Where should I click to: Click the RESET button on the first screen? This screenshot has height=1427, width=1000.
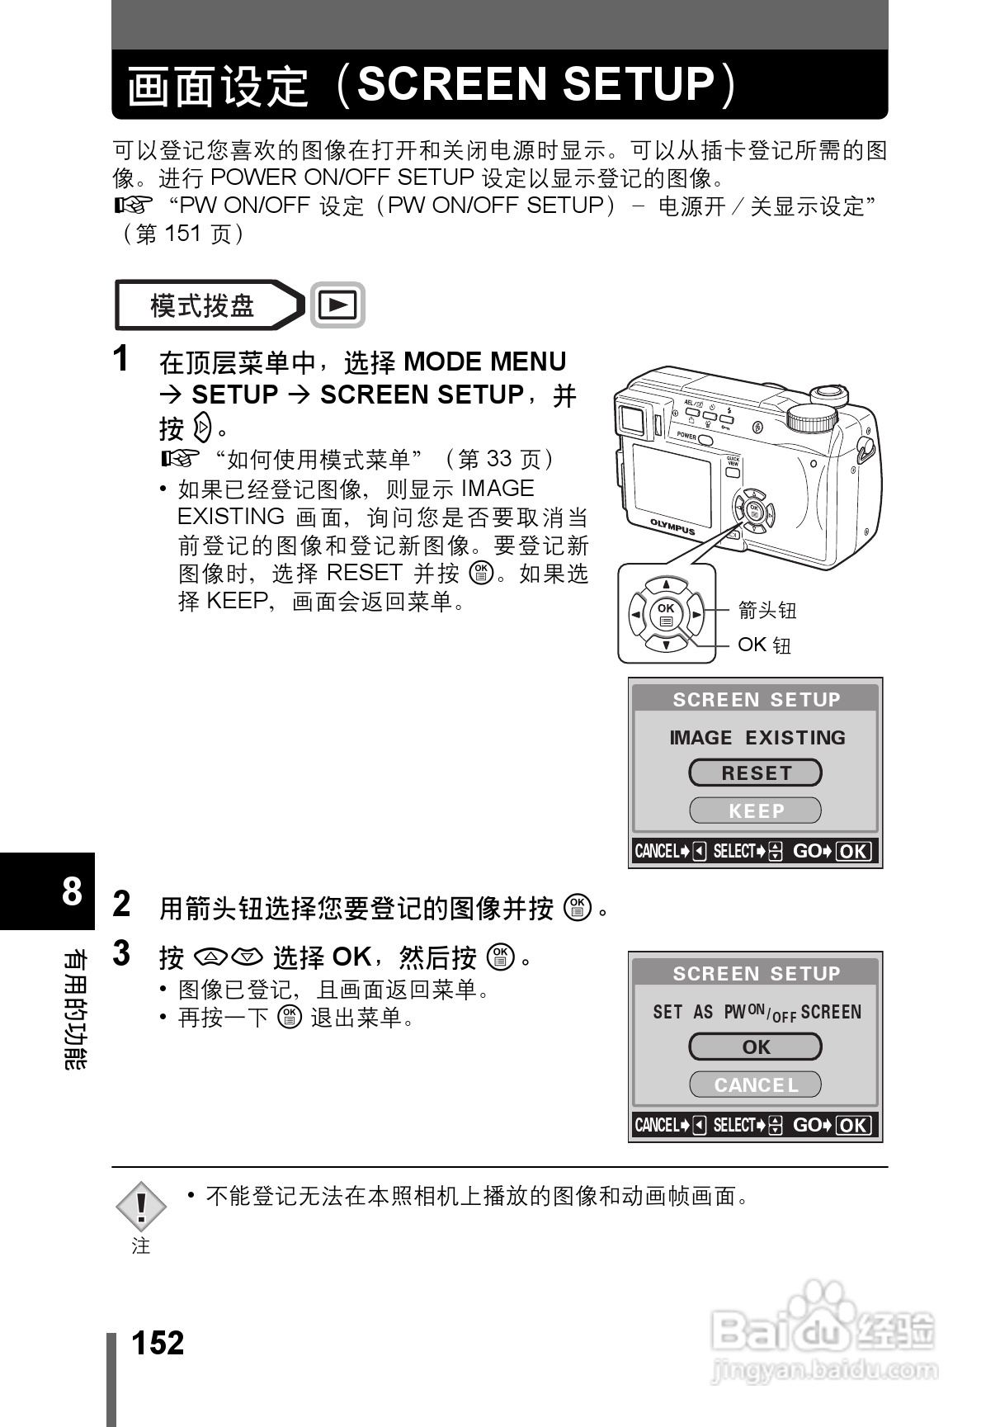pyautogui.click(x=755, y=773)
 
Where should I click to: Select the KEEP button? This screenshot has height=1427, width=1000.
pyautogui.click(x=755, y=810)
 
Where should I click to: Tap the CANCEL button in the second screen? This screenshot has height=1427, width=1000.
pyautogui.click(x=755, y=1084)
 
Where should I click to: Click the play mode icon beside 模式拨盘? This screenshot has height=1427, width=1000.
pyautogui.click(x=337, y=305)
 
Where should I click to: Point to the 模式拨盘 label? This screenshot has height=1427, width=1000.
pyautogui.click(x=202, y=305)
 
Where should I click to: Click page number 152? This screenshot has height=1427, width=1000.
pyautogui.click(x=158, y=1343)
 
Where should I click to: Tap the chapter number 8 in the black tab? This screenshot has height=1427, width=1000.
pyautogui.click(x=72, y=891)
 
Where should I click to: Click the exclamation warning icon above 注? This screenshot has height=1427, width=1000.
pyautogui.click(x=141, y=1206)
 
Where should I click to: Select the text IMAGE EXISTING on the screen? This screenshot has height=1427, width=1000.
pyautogui.click(x=757, y=737)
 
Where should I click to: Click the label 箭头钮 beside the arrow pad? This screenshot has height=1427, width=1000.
pyautogui.click(x=767, y=610)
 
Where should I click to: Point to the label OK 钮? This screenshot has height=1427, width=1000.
pyautogui.click(x=764, y=645)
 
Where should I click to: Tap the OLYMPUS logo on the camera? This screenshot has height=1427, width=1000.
pyautogui.click(x=672, y=526)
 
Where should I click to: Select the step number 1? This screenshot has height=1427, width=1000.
pyautogui.click(x=121, y=360)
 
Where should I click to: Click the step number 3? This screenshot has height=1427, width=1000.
pyautogui.click(x=121, y=953)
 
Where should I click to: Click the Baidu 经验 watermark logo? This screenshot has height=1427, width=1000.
pyautogui.click(x=823, y=1329)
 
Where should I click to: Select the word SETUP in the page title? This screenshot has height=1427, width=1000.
pyautogui.click(x=638, y=84)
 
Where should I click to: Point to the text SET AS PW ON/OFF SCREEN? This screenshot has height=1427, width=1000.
pyautogui.click(x=757, y=1012)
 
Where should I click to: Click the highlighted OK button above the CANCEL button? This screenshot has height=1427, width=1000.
pyautogui.click(x=755, y=1047)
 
